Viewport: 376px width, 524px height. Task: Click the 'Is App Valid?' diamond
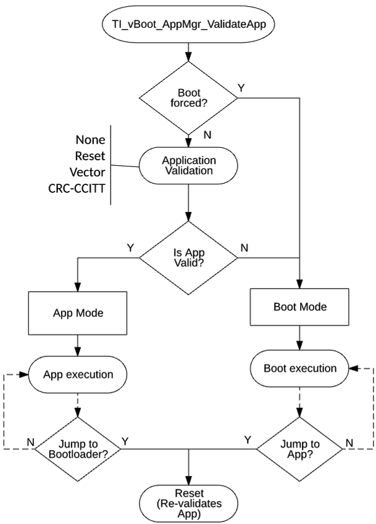pyautogui.click(x=188, y=254)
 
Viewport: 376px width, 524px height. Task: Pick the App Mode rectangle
pyautogui.click(x=77, y=313)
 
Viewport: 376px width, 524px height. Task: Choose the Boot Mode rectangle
pyautogui.click(x=300, y=306)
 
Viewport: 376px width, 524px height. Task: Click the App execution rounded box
pyautogui.click(x=77, y=374)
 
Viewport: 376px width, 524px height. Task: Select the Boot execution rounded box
pyautogui.click(x=300, y=369)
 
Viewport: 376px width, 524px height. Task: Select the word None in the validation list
pyautogui.click(x=90, y=139)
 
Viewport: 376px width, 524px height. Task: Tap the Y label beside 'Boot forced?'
pyautogui.click(x=241, y=87)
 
